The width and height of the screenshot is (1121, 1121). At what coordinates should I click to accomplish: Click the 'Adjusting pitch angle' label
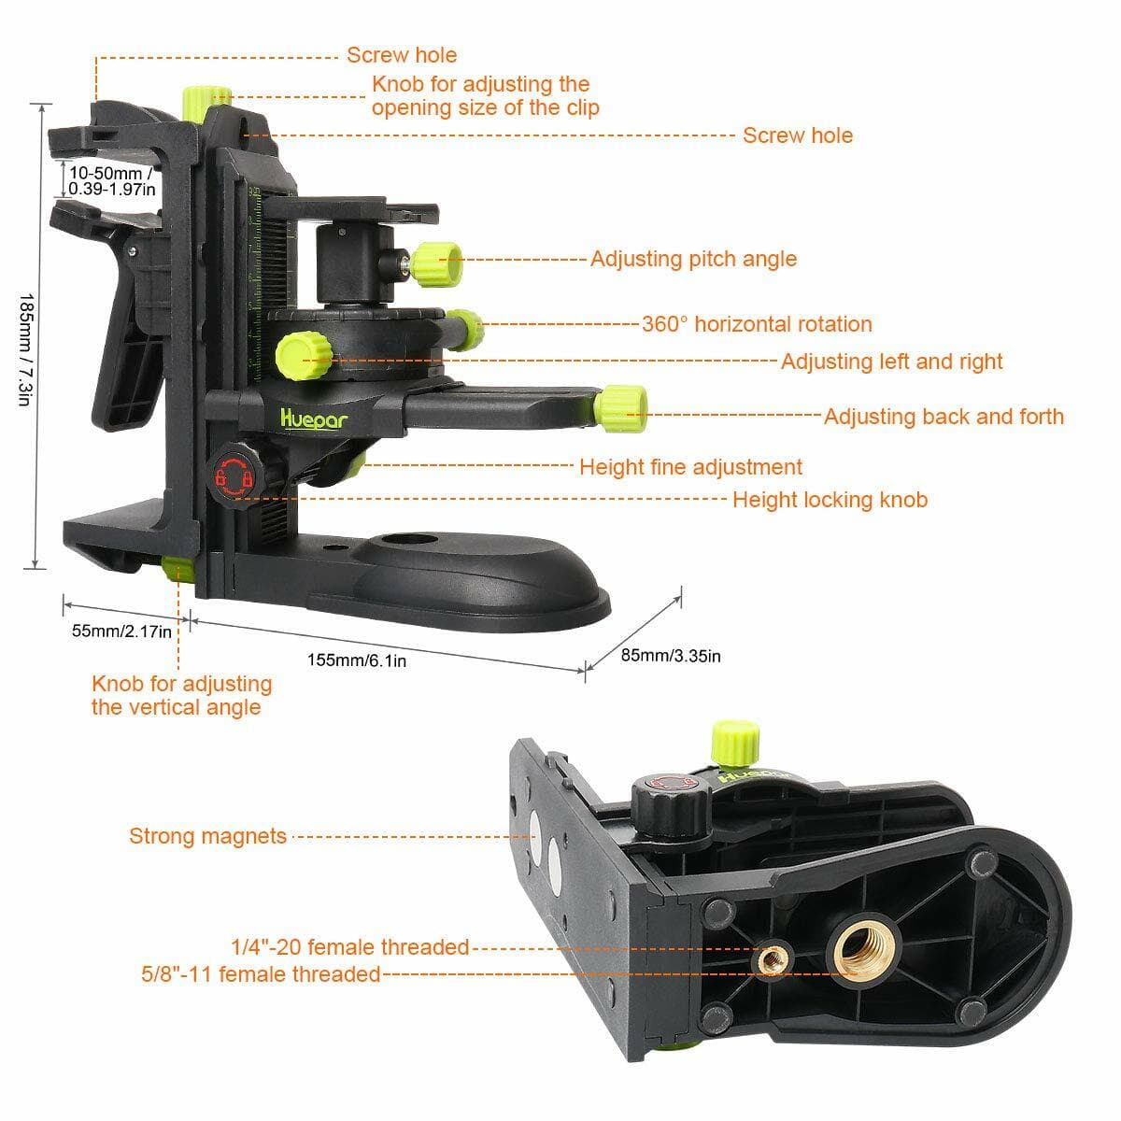point(693,259)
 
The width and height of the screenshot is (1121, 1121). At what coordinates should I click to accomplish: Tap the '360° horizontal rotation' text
point(757,324)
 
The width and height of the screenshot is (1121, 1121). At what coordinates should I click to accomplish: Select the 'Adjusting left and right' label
point(891,362)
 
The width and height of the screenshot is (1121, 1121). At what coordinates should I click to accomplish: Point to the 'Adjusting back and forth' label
point(944,417)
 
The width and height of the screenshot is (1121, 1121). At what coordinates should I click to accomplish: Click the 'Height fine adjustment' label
point(690,467)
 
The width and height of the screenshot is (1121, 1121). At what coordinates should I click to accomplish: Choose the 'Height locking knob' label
point(830,500)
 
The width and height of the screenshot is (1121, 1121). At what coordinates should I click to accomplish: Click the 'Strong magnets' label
point(207,836)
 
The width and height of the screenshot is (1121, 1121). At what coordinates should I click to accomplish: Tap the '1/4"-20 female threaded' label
point(350,947)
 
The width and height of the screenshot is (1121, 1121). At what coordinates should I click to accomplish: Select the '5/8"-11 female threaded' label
point(261,974)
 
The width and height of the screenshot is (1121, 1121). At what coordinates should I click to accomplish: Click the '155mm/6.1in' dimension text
point(357,660)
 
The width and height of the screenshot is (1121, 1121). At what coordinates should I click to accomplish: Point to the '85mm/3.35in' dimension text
point(671,656)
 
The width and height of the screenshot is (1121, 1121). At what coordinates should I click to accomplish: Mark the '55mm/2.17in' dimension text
point(121,631)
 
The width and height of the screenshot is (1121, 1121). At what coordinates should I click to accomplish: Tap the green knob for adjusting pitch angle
point(438,264)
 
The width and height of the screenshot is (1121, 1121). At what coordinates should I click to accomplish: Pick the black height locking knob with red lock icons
point(234,476)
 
